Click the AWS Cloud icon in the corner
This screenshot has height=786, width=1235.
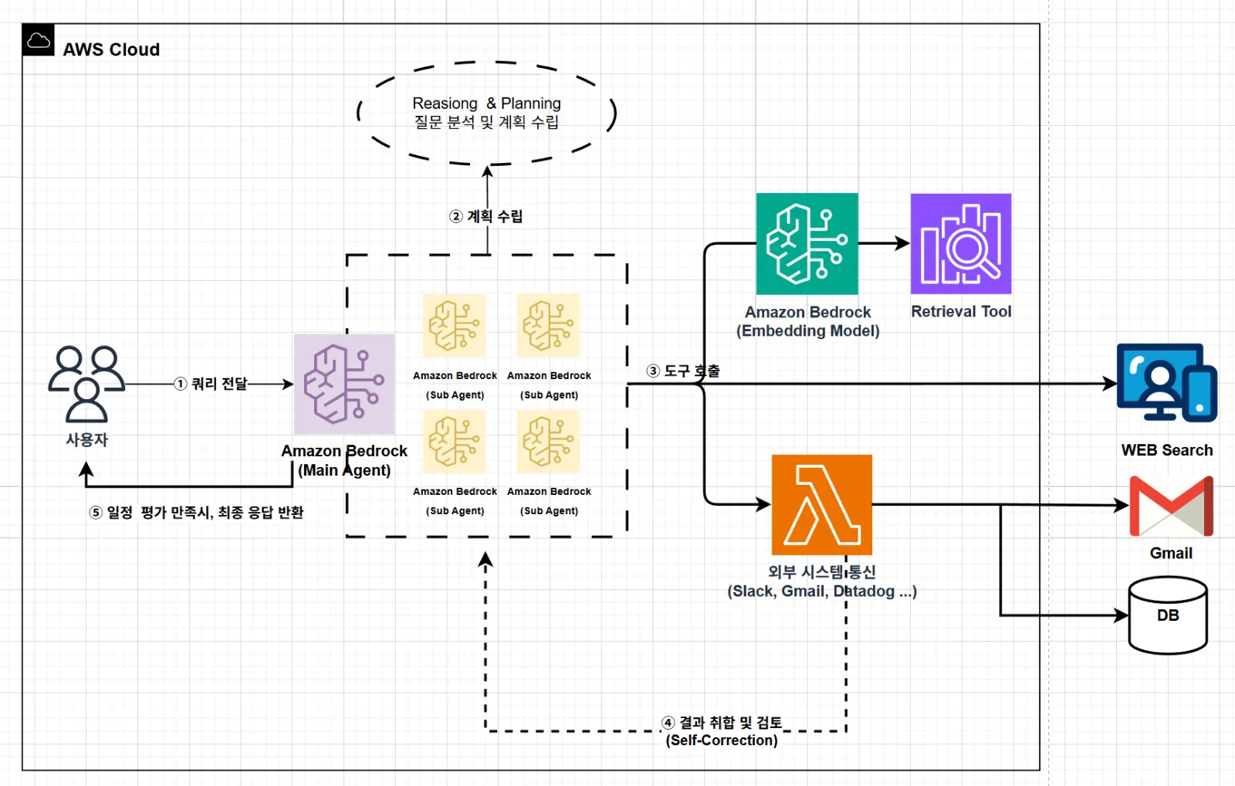[38, 39]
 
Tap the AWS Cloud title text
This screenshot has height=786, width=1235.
[111, 49]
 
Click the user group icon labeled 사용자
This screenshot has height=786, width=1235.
[86, 384]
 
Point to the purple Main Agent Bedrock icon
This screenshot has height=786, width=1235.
[344, 384]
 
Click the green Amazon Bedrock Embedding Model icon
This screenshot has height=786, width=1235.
[807, 244]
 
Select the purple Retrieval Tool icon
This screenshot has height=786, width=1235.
[961, 244]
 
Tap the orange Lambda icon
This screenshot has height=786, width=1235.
[822, 505]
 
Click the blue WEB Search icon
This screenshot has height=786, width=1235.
[1167, 383]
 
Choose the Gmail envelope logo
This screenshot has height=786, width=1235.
[1172, 506]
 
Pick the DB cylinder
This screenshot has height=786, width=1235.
[1169, 615]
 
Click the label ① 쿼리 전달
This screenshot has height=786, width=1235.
[211, 384]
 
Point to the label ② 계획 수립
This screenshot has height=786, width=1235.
[486, 216]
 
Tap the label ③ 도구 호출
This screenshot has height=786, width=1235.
[683, 371]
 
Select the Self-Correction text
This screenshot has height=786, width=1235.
[722, 740]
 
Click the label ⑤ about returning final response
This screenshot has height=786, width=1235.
[196, 513]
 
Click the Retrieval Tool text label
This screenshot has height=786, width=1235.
[961, 312]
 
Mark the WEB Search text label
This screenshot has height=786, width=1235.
[1167, 450]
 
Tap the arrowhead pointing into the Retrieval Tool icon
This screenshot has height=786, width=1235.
[902, 243]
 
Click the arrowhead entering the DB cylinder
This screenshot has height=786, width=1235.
[1121, 615]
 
